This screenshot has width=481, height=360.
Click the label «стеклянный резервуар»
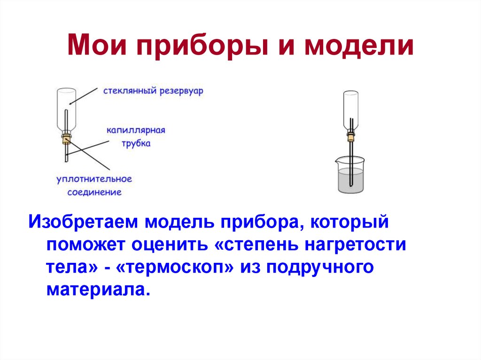(x=154, y=91)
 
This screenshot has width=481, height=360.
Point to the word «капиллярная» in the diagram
(x=135, y=130)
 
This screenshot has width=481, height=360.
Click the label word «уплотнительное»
(x=94, y=179)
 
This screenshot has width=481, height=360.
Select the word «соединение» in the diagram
(x=94, y=192)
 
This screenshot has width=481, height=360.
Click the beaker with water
(x=351, y=176)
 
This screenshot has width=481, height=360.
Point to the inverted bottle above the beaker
(x=350, y=110)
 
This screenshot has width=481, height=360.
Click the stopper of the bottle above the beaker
(x=350, y=137)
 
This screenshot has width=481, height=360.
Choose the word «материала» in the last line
(x=98, y=289)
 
